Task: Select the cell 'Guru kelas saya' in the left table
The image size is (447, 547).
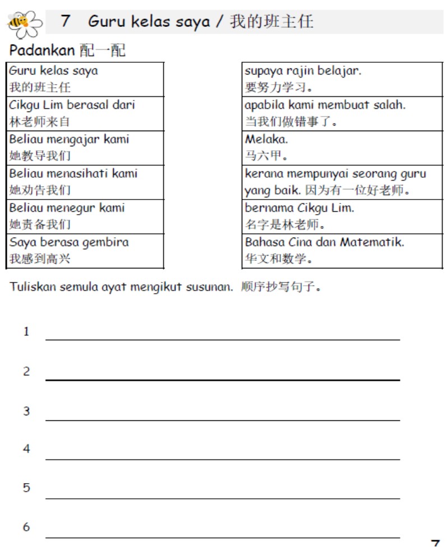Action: pyautogui.click(x=85, y=79)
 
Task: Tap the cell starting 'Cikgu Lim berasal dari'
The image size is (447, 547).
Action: pyautogui.click(x=85, y=113)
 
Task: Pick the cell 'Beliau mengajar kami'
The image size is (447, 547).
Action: pyautogui.click(x=85, y=147)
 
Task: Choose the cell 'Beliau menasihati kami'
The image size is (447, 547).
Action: pyautogui.click(x=85, y=182)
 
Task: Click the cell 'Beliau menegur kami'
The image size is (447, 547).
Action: pyautogui.click(x=85, y=216)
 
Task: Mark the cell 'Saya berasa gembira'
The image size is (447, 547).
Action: pyautogui.click(x=85, y=251)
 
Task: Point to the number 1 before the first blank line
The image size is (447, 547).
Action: pyautogui.click(x=26, y=332)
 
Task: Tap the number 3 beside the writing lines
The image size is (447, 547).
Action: pyautogui.click(x=26, y=411)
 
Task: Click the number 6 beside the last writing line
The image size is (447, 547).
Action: pyautogui.click(x=26, y=527)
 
